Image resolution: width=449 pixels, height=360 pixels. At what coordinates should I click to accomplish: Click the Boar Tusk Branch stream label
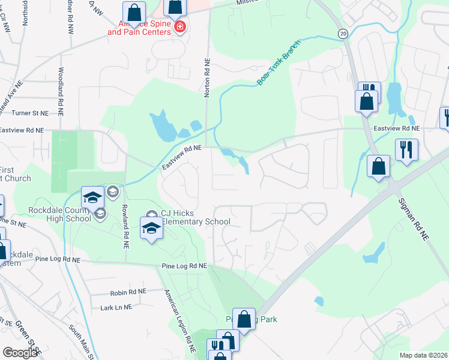278,66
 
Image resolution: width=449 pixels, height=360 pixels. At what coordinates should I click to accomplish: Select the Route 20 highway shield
343,34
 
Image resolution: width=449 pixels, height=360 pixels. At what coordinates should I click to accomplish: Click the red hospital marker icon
179,26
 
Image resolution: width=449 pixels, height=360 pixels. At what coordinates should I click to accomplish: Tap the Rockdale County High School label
59,214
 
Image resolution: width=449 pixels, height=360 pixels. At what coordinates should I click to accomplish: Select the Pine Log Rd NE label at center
184,266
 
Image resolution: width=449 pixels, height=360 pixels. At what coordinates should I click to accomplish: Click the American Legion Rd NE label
180,318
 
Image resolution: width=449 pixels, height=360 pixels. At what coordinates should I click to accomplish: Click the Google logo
20,353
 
